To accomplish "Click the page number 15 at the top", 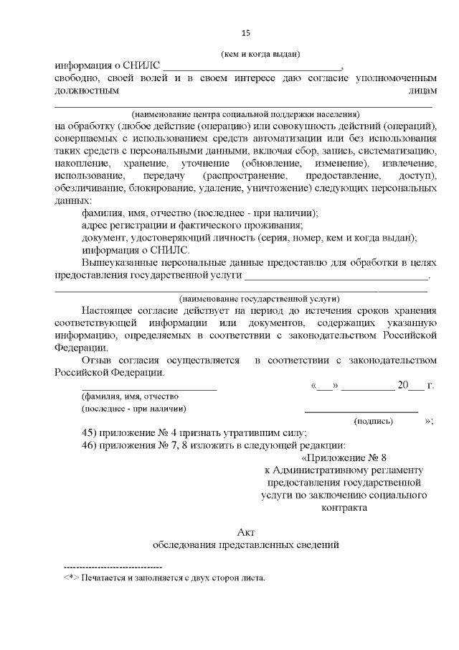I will [245, 32].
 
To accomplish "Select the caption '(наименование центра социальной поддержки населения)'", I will [245, 114].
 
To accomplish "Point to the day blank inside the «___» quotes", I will [324, 386].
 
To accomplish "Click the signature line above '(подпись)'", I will [361, 411].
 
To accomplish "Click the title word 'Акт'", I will [245, 531].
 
